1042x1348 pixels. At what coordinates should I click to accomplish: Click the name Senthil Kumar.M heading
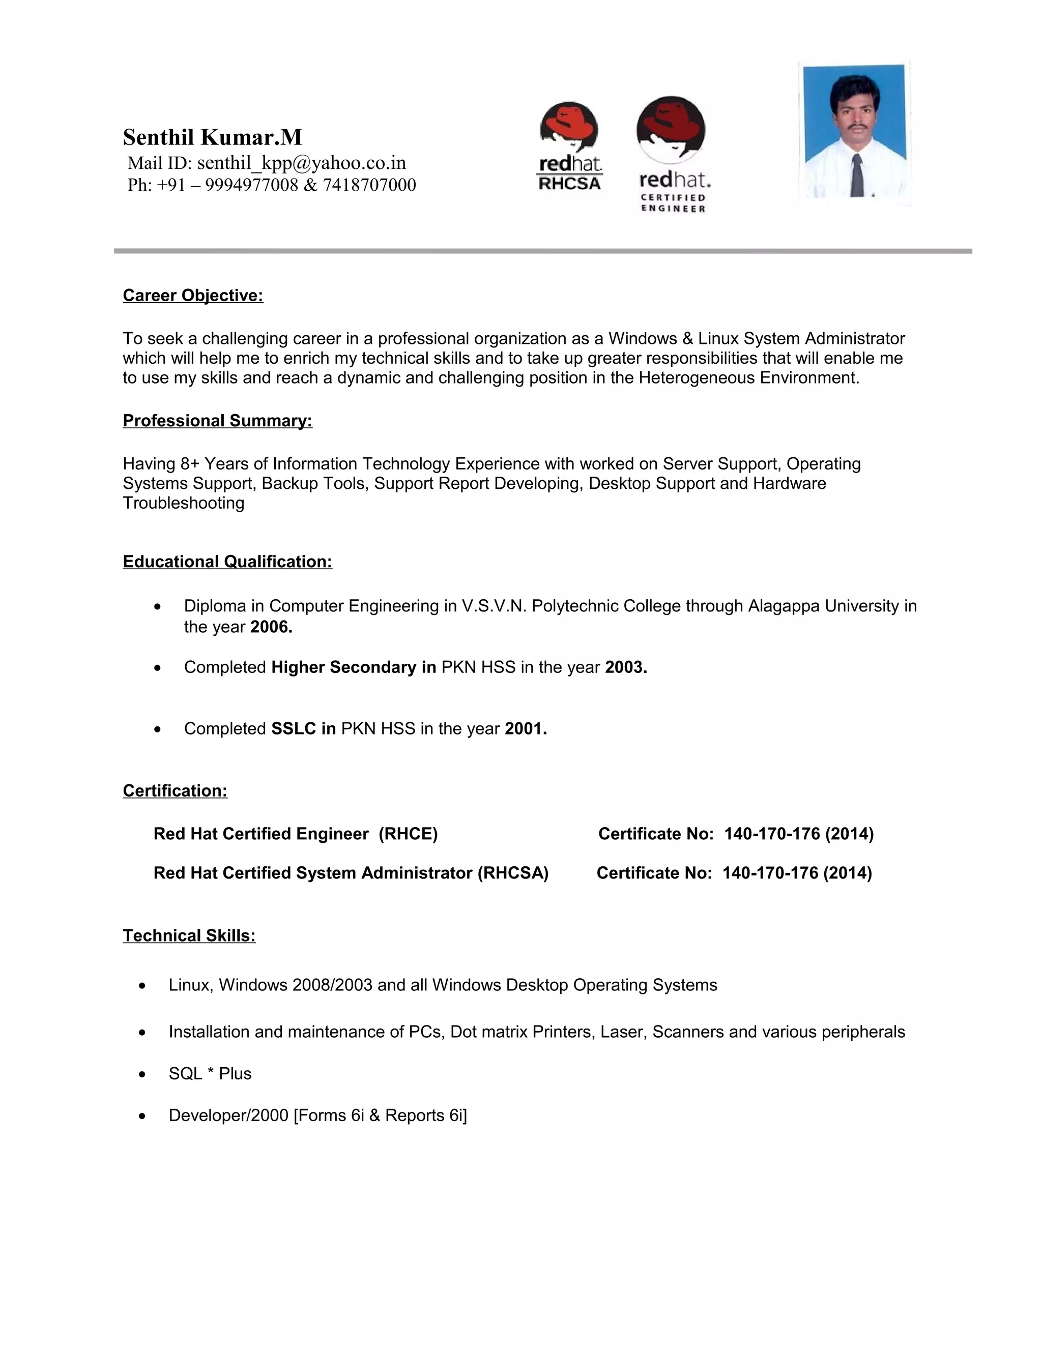(212, 137)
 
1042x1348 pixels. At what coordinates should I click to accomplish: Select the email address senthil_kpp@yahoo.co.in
(301, 163)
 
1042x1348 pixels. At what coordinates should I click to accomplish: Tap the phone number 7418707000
(369, 185)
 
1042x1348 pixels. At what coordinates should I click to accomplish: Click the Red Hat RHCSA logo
(569, 147)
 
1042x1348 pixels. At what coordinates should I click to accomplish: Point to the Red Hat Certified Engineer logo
(672, 154)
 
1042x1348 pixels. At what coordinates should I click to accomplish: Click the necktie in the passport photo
(857, 176)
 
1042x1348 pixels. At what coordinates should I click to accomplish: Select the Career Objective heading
(193, 296)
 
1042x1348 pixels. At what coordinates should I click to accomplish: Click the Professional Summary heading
(217, 421)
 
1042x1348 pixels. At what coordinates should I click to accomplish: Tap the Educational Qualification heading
(227, 562)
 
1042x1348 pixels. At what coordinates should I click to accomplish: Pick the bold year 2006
(271, 627)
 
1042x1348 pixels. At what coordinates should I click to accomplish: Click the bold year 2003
(626, 667)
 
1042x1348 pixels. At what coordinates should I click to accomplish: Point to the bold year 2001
(525, 729)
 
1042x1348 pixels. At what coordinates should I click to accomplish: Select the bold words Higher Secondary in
(354, 667)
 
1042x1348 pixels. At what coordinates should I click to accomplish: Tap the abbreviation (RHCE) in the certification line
(408, 834)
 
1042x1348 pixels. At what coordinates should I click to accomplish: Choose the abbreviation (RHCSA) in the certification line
(513, 873)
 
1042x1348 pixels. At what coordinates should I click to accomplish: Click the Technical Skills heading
(189, 935)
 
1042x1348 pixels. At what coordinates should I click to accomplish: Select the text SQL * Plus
(210, 1073)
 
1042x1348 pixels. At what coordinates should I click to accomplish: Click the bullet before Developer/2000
(142, 1116)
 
